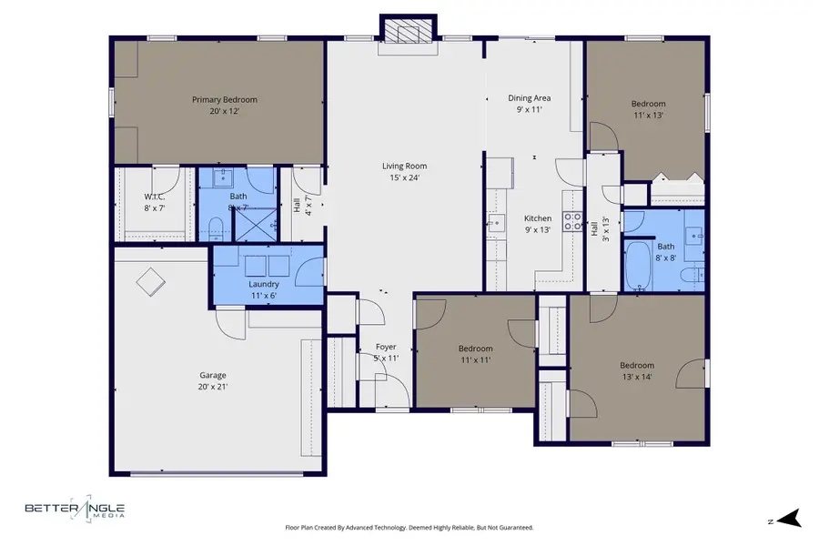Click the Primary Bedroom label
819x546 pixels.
(225, 100)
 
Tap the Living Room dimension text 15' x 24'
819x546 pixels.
(404, 177)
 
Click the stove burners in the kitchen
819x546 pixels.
(572, 221)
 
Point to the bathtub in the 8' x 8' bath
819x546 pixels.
(638, 266)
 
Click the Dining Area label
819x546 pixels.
(529, 98)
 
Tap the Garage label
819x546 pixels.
(213, 375)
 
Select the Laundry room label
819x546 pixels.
(264, 284)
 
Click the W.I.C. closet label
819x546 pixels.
(155, 197)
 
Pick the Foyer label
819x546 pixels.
(386, 347)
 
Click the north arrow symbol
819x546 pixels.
(789, 519)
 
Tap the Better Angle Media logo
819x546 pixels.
(76, 508)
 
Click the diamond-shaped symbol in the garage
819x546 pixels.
(151, 282)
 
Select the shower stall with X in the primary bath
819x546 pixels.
(255, 225)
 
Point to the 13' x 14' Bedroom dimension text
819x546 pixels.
(637, 377)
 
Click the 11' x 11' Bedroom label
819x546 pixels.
(475, 349)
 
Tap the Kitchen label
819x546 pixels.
(538, 219)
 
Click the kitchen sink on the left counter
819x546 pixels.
(496, 223)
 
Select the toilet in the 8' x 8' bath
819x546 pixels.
(693, 275)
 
